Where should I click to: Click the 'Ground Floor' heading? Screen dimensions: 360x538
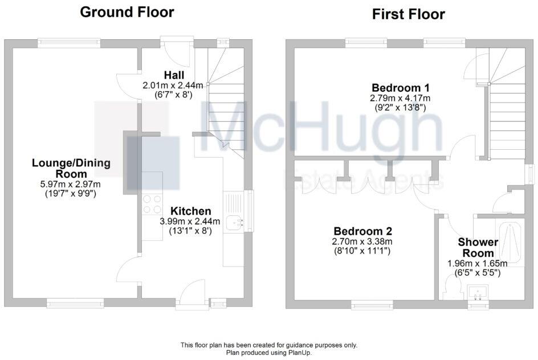(127, 12)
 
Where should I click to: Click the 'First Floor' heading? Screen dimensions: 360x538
(408, 14)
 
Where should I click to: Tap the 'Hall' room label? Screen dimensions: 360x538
(173, 75)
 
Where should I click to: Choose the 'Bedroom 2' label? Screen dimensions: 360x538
(362, 231)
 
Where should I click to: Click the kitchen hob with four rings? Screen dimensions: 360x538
(152, 204)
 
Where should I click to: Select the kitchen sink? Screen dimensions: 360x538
(235, 223)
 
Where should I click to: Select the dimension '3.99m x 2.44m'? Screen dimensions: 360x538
(186, 222)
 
